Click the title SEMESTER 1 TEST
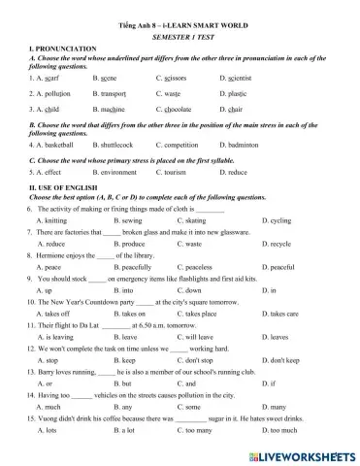coord(180,33)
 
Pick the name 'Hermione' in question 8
coord(48,259)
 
